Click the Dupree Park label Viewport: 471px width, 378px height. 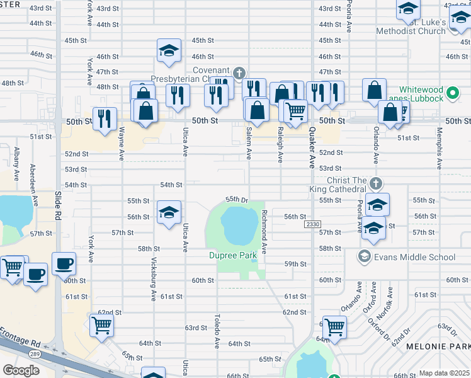tap(232, 255)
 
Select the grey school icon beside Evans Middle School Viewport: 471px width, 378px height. tap(364, 256)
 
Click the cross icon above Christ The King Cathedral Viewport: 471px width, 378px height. tap(375, 183)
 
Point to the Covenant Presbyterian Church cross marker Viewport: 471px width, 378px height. tap(239, 74)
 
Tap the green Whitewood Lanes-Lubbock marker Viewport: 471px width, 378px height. tap(451, 94)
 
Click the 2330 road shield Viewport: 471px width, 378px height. tap(312, 225)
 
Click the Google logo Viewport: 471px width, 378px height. tap(21, 370)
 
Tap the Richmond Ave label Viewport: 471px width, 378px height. tap(264, 228)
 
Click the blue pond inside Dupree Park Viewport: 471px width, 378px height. tap(239, 226)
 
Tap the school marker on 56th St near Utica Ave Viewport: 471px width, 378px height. tap(169, 214)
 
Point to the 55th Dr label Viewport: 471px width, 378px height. tap(237, 198)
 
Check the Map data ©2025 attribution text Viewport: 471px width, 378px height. tap(444, 373)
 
